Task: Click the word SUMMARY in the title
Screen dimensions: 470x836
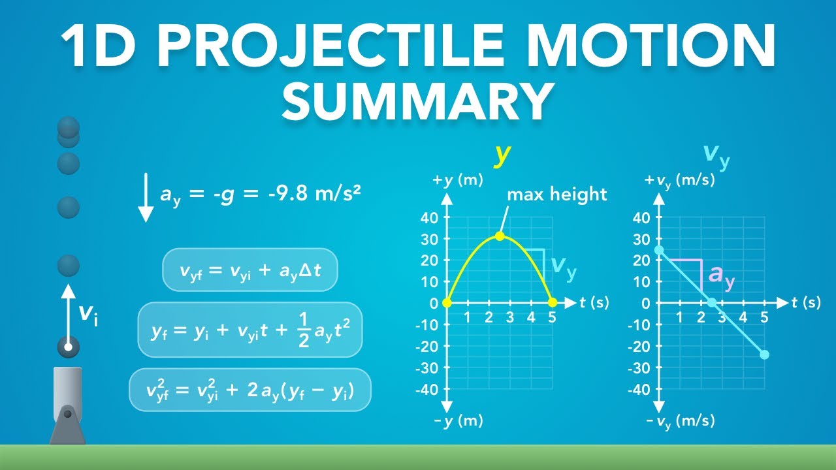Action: pyautogui.click(x=418, y=102)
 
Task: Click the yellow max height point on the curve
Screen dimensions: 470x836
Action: pyautogui.click(x=500, y=236)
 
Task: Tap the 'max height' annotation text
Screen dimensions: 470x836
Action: pyautogui.click(x=557, y=194)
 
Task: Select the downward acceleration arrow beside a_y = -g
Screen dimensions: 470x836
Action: pyautogui.click(x=146, y=196)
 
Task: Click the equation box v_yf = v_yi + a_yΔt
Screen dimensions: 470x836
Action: pyautogui.click(x=249, y=269)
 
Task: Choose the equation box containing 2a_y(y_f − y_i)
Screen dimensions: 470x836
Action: pyautogui.click(x=250, y=390)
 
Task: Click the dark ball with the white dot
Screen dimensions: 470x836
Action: pyautogui.click(x=68, y=347)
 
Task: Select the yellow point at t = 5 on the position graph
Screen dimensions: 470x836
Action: pyautogui.click(x=552, y=303)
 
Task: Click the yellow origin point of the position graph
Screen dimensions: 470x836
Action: pyautogui.click(x=447, y=303)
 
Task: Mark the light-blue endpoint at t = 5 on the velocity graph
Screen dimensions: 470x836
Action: pyautogui.click(x=765, y=354)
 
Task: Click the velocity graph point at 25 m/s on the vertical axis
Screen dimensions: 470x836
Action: pyautogui.click(x=659, y=250)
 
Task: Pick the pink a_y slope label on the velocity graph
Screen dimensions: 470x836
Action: pyautogui.click(x=722, y=275)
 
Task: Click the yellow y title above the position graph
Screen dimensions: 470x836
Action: pyautogui.click(x=502, y=154)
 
